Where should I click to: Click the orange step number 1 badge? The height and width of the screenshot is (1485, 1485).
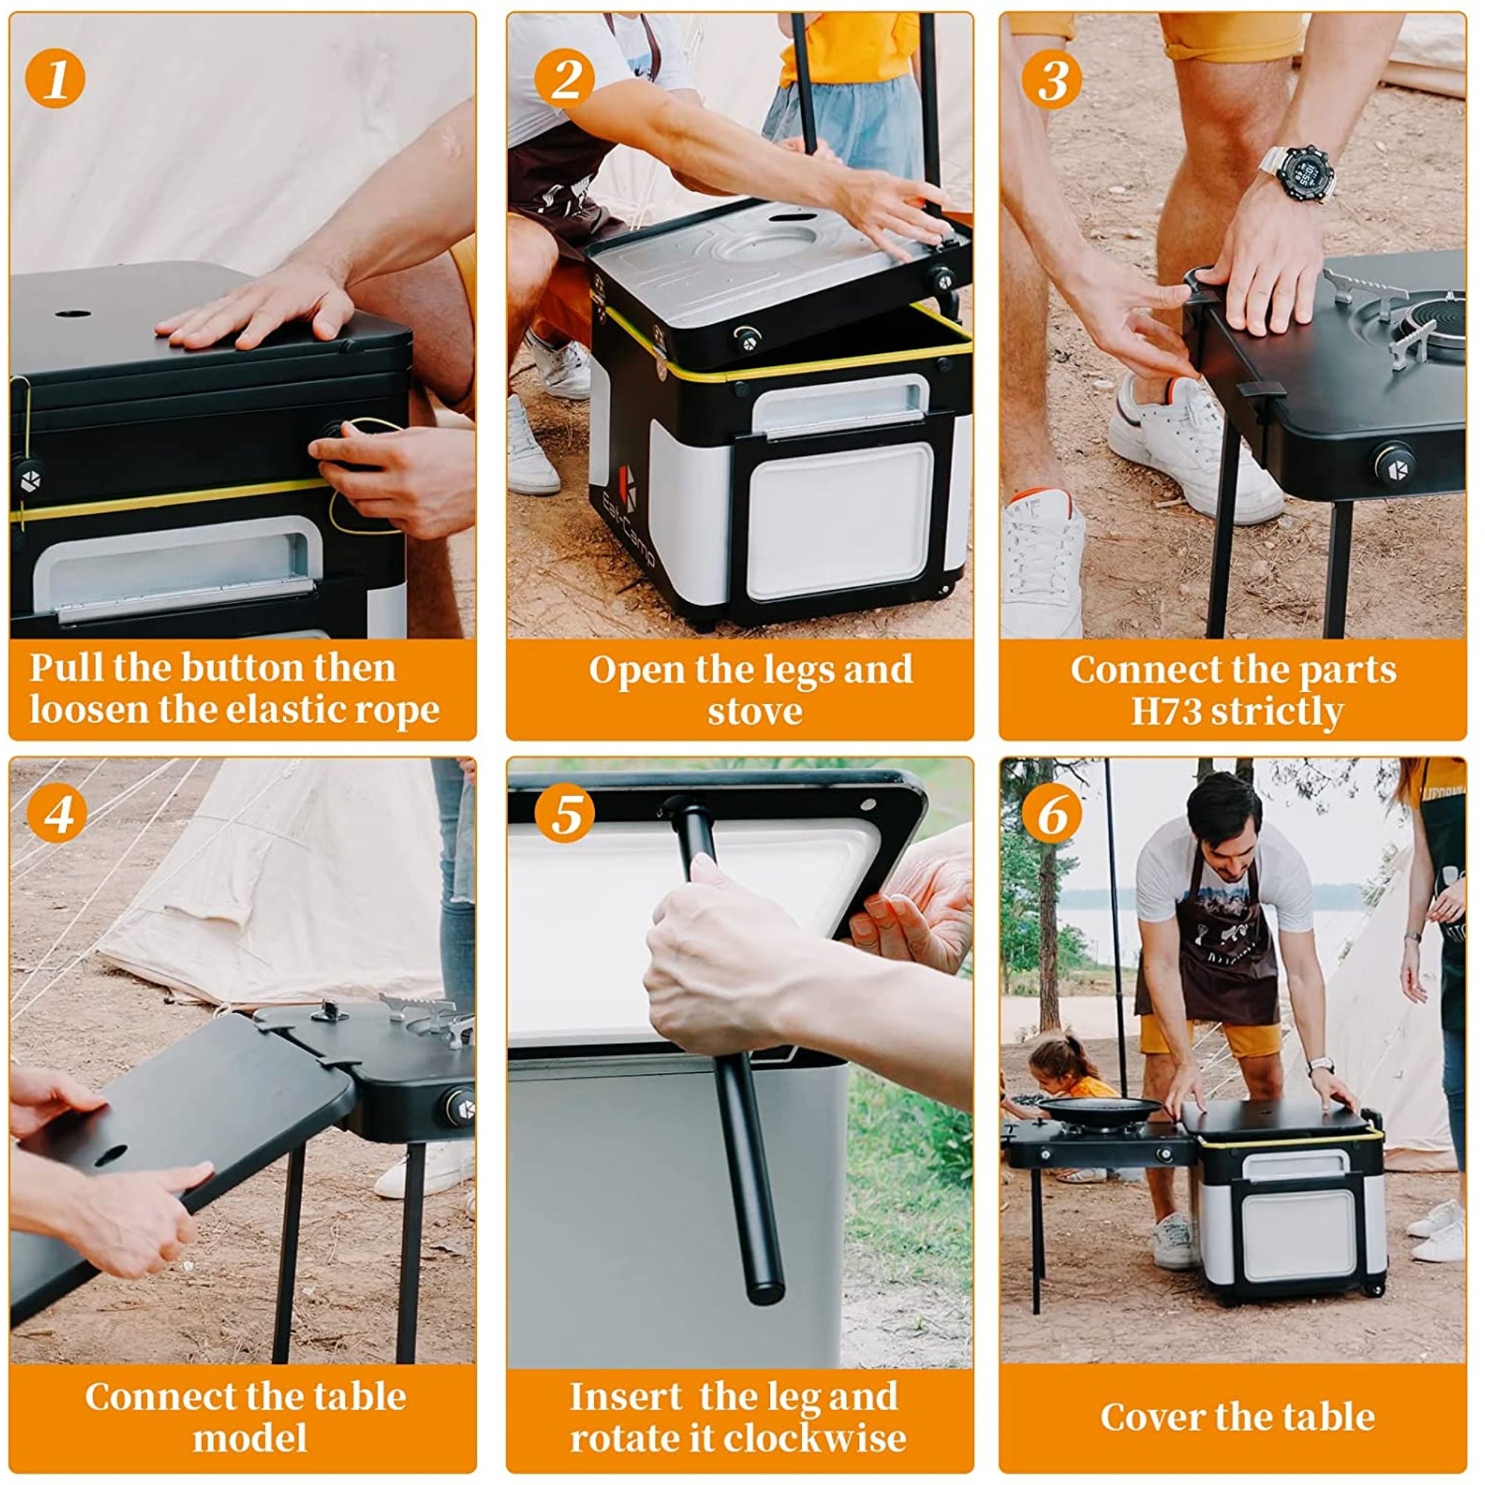pos(56,78)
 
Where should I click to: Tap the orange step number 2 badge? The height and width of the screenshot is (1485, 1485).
pos(565,78)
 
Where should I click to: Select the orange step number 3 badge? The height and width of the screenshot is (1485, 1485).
pos(1053,78)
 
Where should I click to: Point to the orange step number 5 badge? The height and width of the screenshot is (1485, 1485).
pos(565,813)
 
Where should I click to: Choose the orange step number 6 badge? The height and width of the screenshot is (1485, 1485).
pos(1053,813)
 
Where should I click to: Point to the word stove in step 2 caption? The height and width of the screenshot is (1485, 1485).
pos(755,711)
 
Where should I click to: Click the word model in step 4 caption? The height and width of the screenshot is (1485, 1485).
pos(249,1438)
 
